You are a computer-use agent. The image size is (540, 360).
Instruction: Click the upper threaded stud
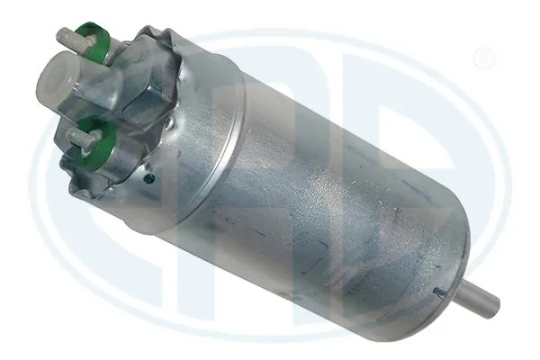[68, 39]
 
